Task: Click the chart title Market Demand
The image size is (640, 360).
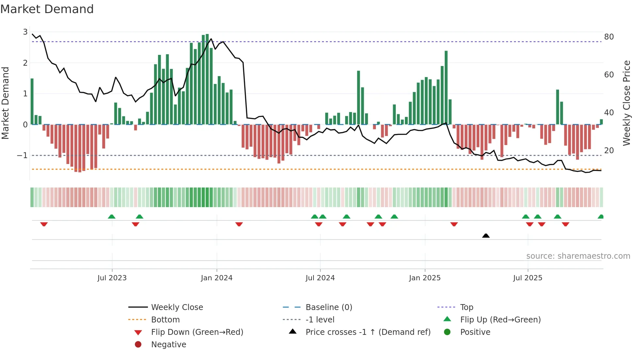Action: click(47, 9)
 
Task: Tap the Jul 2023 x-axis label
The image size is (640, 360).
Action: click(112, 278)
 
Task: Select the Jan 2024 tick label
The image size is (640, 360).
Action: click(216, 278)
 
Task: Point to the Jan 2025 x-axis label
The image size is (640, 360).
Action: click(424, 278)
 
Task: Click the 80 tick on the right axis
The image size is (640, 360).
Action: click(609, 37)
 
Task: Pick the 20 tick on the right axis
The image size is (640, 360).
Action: click(609, 151)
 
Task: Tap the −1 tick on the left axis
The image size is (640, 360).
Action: click(23, 155)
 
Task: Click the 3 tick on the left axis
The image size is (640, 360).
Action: click(25, 32)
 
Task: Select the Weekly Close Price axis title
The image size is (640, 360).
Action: click(626, 103)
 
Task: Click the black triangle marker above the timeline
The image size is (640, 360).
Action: click(486, 236)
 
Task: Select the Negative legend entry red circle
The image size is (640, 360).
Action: click(138, 345)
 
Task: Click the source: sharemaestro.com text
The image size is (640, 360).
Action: click(578, 256)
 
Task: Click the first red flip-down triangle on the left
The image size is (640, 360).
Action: click(44, 224)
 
